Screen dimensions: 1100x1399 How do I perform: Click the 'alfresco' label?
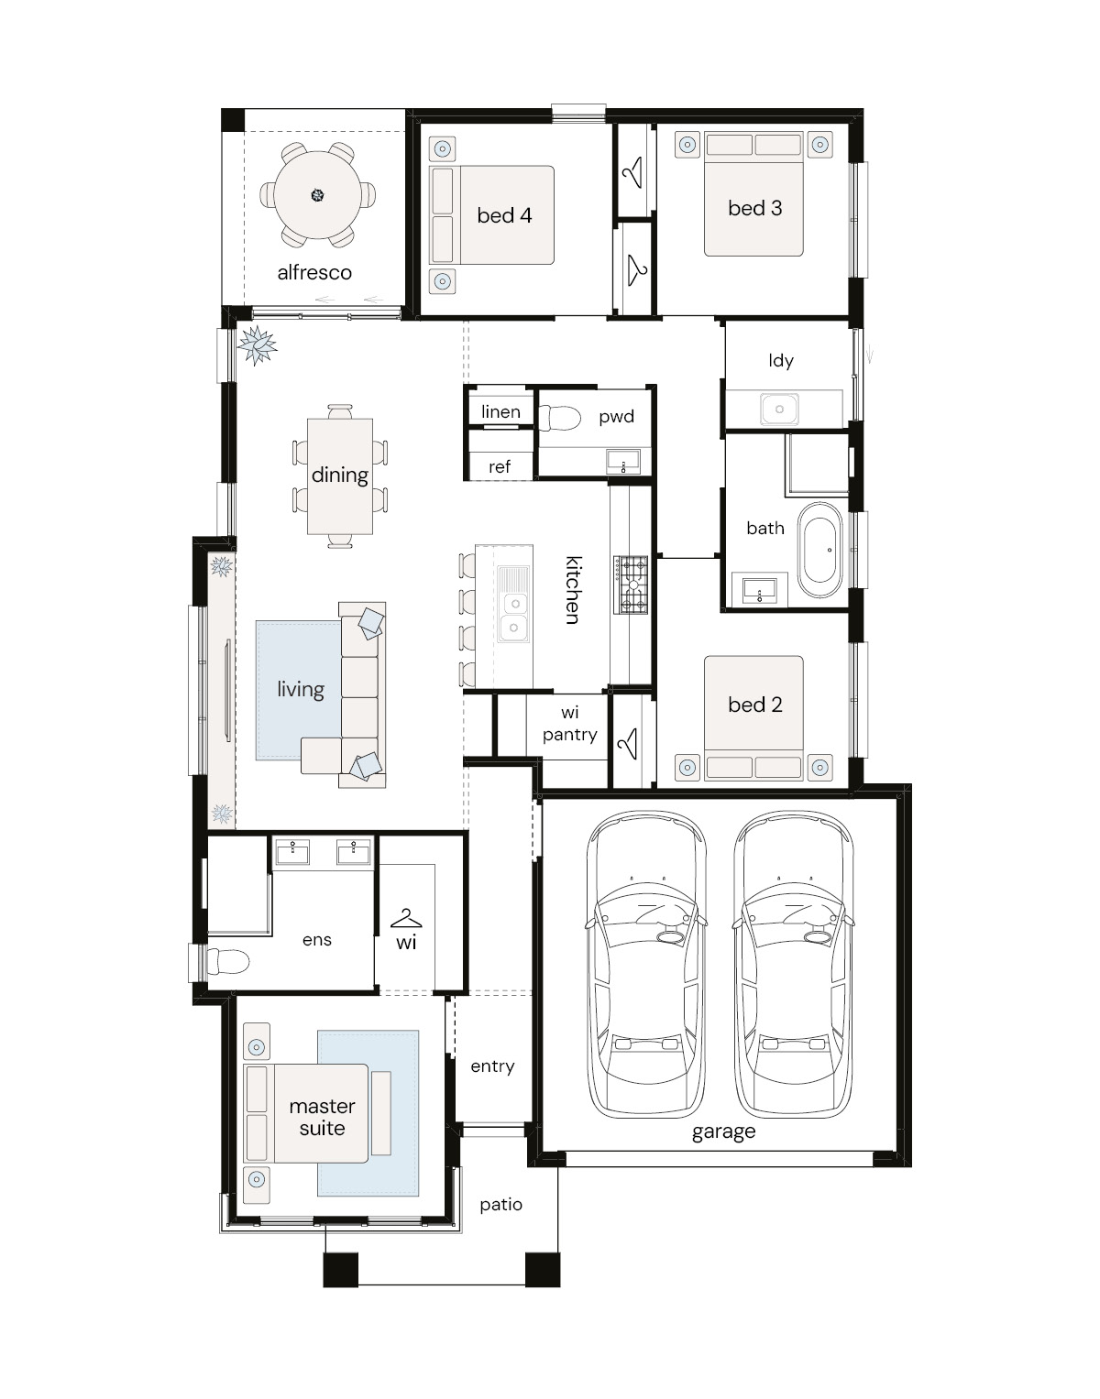314,272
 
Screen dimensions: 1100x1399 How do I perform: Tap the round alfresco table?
317,195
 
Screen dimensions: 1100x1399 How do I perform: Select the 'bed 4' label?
504,215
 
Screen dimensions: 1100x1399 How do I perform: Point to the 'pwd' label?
616,417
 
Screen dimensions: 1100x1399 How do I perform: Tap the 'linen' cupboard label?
500,411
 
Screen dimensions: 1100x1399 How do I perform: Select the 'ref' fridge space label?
499,466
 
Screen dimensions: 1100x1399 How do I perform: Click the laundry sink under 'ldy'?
779,409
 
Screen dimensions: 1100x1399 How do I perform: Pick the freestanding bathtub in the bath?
819,550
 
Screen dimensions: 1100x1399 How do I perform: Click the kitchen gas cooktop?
631,585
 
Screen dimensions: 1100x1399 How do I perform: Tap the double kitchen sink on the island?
514,604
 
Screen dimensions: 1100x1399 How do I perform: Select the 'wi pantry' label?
569,723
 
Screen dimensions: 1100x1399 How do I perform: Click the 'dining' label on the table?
339,475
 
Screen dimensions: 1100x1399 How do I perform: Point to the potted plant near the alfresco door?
257,345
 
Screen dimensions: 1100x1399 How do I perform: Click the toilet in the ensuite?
228,963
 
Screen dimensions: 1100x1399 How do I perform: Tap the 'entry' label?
492,1066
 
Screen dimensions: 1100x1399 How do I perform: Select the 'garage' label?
723,1131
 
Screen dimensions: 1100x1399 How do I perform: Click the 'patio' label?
500,1205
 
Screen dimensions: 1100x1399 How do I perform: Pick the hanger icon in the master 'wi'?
406,917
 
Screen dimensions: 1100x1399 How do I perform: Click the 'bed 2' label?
754,705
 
